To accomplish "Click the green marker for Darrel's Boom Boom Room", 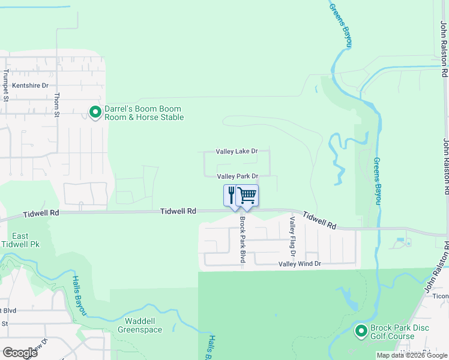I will click(x=95, y=112).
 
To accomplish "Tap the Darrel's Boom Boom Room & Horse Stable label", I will click(x=143, y=113).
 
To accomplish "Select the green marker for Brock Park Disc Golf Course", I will click(x=361, y=331).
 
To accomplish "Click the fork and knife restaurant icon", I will click(x=232, y=195).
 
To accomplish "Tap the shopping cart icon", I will click(x=247, y=195).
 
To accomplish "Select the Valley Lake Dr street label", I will click(x=237, y=151).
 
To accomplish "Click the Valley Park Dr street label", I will click(x=237, y=176).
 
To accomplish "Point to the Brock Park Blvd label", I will click(x=243, y=239).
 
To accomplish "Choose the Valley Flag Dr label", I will click(x=292, y=235).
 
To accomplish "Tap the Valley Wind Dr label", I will click(x=300, y=264).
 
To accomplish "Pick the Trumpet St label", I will click(x=5, y=86).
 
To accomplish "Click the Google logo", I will click(x=20, y=352).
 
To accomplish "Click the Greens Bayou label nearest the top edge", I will click(x=340, y=25).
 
